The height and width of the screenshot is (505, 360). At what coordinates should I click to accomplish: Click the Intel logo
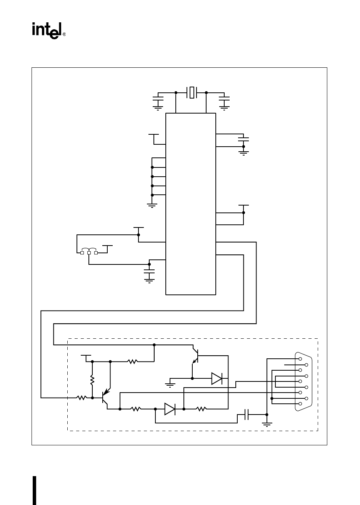tap(47, 30)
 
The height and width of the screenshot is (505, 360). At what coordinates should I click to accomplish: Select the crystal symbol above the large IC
tap(191, 92)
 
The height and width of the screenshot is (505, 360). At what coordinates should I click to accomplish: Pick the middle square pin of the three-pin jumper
tap(89, 253)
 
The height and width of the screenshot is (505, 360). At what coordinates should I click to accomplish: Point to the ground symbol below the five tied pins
tap(152, 206)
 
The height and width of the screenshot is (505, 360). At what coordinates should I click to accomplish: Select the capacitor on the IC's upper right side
tap(243, 138)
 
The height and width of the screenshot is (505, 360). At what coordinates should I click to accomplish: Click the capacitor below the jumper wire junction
tap(149, 272)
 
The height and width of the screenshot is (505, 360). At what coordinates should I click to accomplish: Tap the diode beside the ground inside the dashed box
tap(217, 379)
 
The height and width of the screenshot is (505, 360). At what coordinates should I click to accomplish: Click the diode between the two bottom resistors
tap(170, 409)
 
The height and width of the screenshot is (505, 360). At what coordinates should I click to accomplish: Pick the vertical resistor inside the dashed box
tap(92, 380)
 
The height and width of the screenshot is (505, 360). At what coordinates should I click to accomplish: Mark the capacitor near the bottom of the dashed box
tap(247, 415)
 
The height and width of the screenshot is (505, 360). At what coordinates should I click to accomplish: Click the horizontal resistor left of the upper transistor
tap(133, 361)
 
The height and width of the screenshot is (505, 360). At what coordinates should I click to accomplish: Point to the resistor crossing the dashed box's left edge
tap(81, 398)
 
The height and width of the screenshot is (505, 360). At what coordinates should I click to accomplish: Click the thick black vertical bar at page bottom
tap(35, 490)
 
